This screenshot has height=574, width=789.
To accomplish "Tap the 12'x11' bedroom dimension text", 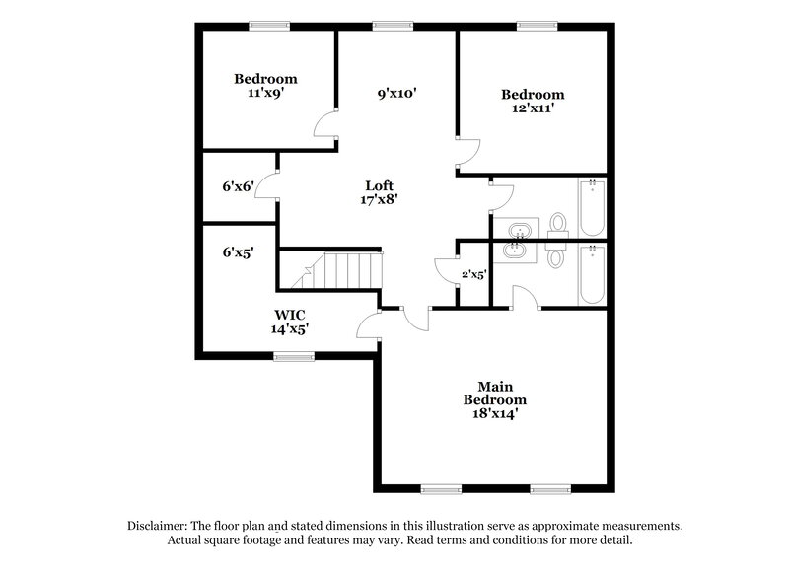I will pos(533,109).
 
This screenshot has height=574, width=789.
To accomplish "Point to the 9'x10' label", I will pos(397,95).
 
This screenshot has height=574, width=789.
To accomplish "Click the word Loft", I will pos(380,184).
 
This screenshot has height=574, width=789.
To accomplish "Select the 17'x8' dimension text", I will pos(380,198).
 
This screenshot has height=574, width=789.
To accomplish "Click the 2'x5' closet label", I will pos(474,275).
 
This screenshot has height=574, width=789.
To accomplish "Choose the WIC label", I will pos(290,316).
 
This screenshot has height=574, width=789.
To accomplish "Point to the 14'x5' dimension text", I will pos(290,330).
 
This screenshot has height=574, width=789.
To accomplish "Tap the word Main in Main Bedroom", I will pos(495,386).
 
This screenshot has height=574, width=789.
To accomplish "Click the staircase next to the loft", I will pos(338,269).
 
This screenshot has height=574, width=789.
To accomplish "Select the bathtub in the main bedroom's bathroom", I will pos(593,274).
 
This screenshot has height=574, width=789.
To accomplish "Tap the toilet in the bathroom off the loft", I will pos(558,224).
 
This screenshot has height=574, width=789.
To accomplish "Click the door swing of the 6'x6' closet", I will pos(264,185).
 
